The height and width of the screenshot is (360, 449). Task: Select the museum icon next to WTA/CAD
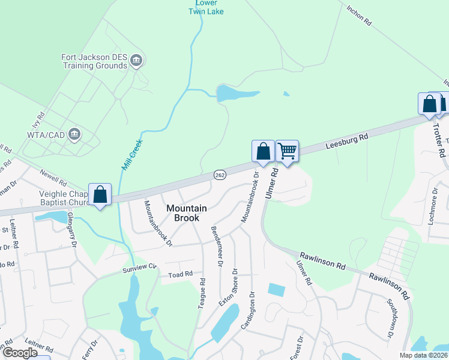pos(75,133)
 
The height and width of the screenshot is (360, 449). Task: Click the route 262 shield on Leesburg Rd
pos(219,174)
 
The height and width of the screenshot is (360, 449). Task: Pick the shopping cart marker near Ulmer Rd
pos(288,151)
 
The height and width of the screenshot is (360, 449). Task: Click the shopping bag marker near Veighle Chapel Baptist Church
pos(100,194)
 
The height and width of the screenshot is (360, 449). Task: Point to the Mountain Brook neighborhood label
pos(187,213)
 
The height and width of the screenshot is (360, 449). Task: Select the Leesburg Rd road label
pos(346,142)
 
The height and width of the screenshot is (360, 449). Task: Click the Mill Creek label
pos(131,155)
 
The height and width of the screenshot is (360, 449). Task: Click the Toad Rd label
pos(180,274)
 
